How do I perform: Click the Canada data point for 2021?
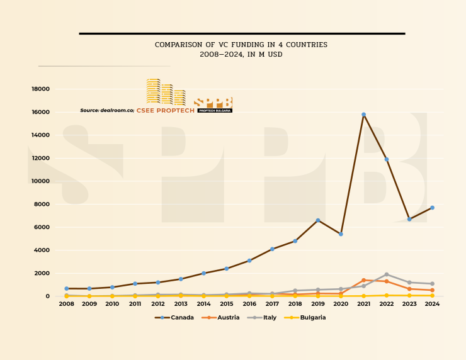[x=363, y=115]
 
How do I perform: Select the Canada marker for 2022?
[x=387, y=159]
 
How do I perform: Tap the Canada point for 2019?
[x=318, y=220]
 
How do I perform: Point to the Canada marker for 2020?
[x=341, y=234]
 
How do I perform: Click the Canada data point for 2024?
[x=432, y=208]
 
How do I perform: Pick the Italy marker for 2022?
[x=387, y=274]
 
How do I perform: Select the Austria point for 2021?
[x=363, y=280]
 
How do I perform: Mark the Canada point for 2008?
[x=66, y=288]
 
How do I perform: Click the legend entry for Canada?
[x=174, y=318]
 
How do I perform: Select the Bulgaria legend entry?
[x=307, y=318]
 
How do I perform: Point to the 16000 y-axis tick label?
[x=40, y=112]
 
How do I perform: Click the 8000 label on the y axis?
[x=42, y=205]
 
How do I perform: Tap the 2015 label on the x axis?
[x=227, y=304]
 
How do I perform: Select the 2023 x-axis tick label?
[x=409, y=304]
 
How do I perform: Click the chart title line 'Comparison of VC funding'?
[x=241, y=45]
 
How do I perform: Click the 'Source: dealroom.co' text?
[x=107, y=111]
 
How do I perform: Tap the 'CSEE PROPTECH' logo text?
[x=166, y=111]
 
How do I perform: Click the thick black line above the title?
[x=241, y=33]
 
